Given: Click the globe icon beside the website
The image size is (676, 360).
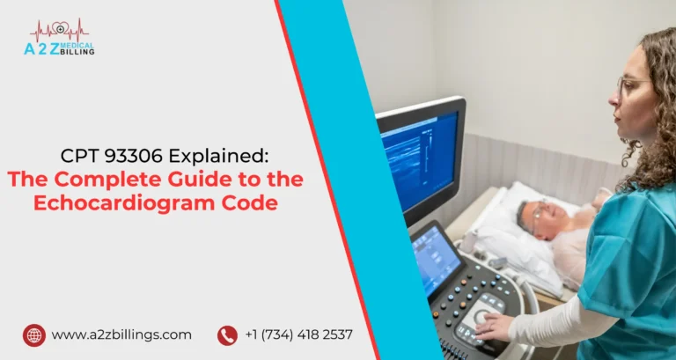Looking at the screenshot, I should click(x=34, y=334).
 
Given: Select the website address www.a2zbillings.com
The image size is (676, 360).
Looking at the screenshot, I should click(x=121, y=334).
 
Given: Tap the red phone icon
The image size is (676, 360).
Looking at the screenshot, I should click(x=227, y=334).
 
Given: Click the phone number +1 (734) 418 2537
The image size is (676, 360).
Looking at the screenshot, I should click(x=299, y=334).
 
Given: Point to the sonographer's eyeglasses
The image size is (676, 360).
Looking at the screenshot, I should click(x=631, y=85).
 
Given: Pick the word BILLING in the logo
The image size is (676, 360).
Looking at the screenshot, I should click(x=78, y=52).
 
